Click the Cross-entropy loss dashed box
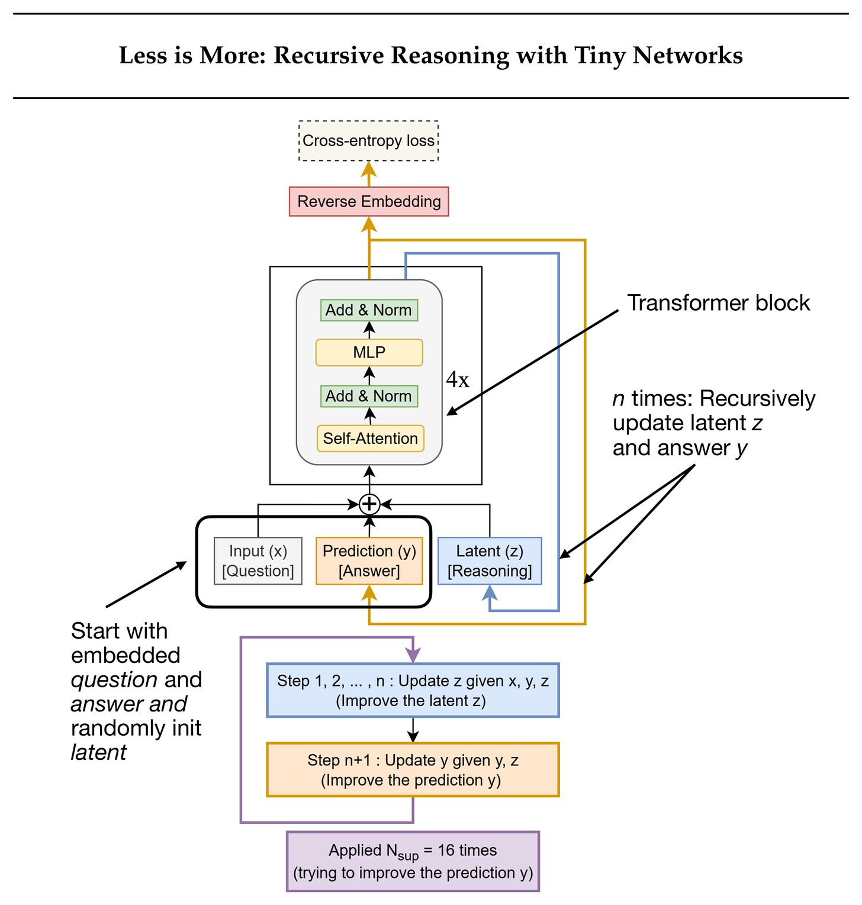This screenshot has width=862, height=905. (368, 141)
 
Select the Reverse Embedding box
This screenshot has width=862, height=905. (369, 202)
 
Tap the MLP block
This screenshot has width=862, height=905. (369, 353)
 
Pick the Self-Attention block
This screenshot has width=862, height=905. (370, 439)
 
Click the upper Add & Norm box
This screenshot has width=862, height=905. (369, 310)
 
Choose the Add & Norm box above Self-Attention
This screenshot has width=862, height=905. (369, 396)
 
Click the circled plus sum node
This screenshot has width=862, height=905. (369, 504)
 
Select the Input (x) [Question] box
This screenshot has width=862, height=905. (258, 561)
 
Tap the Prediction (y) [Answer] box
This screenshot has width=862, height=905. (369, 561)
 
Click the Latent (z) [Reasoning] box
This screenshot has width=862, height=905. (490, 561)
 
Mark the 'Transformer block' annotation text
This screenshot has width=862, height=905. (718, 303)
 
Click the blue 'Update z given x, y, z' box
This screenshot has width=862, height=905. (413, 691)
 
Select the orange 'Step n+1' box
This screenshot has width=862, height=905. (413, 770)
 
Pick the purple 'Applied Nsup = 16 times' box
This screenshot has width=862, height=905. (413, 861)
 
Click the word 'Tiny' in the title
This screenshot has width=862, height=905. (599, 56)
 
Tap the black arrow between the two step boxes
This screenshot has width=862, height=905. (413, 730)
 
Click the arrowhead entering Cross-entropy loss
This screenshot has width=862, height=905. (369, 168)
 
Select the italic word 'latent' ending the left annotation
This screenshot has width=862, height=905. (98, 753)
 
